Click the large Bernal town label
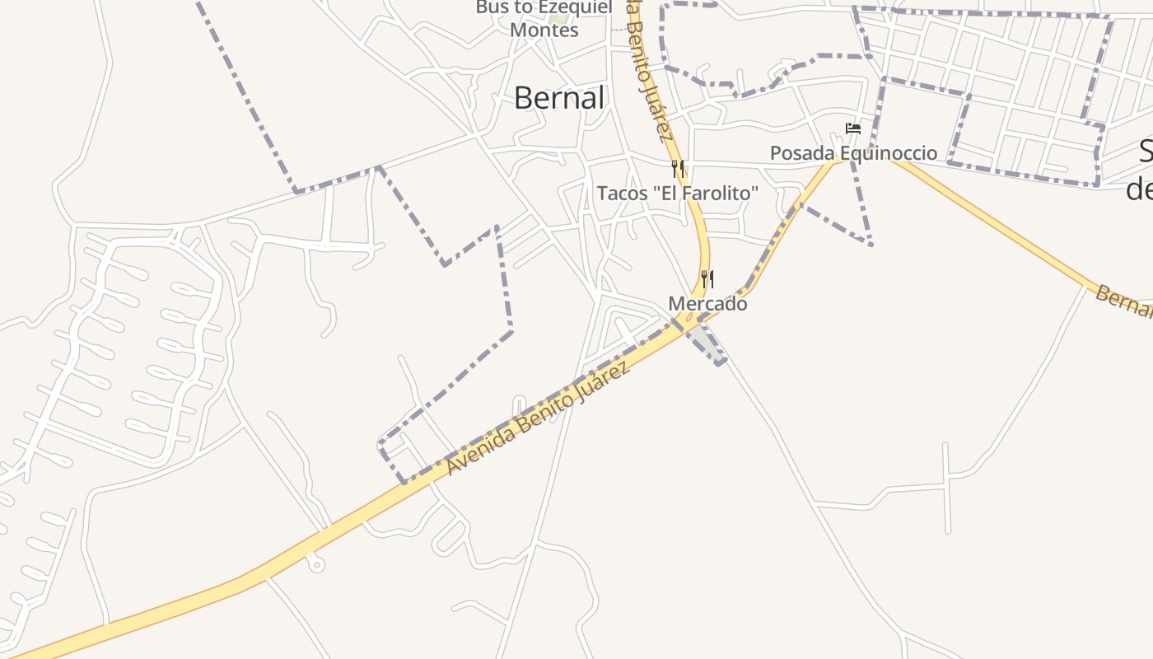pos(559,98)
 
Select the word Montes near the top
pos(544,30)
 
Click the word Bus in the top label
pos(491,7)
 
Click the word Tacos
pos(621,194)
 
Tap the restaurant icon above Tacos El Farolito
pos(677,169)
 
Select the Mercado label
pos(707,304)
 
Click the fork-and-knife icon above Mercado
pos(707,279)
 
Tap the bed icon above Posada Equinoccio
pos(853,129)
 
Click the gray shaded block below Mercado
pos(706,343)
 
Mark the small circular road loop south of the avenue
pos(316,565)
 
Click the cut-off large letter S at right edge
pos(1146,152)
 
